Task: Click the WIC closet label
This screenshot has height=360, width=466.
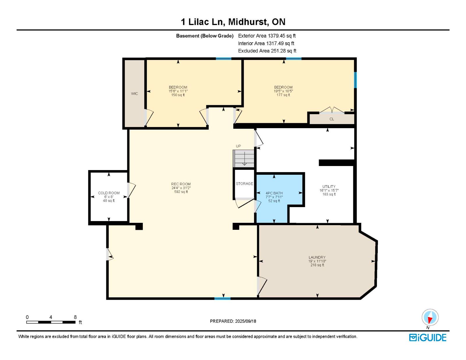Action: pyautogui.click(x=134, y=93)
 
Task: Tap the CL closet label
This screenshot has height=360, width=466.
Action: pyautogui.click(x=331, y=119)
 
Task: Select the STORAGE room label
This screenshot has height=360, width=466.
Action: pyautogui.click(x=244, y=183)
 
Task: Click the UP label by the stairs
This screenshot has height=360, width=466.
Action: pyautogui.click(x=238, y=146)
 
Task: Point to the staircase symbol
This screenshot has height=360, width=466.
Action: pyautogui.click(x=243, y=158)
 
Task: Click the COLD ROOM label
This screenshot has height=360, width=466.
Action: pyautogui.click(x=109, y=193)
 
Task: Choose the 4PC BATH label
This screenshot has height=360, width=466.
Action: pyautogui.click(x=274, y=193)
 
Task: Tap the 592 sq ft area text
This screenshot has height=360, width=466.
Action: pyautogui.click(x=181, y=192)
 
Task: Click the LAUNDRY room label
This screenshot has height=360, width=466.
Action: pyautogui.click(x=317, y=257)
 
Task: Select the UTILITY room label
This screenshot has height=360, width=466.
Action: pyautogui.click(x=329, y=186)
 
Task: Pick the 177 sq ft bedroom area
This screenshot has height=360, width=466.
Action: pyautogui.click(x=283, y=95)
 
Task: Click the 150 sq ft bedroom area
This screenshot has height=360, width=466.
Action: pyautogui.click(x=178, y=95)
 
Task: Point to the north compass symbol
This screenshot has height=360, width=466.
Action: pyautogui.click(x=430, y=317)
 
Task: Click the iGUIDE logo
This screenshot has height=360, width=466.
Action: pyautogui.click(x=428, y=338)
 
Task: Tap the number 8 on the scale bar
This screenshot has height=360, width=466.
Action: pyautogui.click(x=75, y=317)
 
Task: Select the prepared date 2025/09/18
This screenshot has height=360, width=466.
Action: pyautogui.click(x=245, y=321)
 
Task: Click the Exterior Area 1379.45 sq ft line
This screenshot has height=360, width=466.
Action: pyautogui.click(x=267, y=36)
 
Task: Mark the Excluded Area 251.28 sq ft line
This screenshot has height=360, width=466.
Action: pyautogui.click(x=267, y=51)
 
